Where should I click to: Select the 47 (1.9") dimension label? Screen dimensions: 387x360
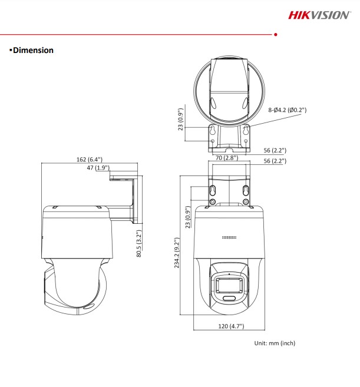(x=98, y=168)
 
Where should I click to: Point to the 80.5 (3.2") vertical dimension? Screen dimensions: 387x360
(x=140, y=243)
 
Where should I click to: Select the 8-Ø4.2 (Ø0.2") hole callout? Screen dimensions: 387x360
(x=288, y=110)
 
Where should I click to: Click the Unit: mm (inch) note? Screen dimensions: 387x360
(x=275, y=343)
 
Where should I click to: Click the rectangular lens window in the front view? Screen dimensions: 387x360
(x=229, y=285)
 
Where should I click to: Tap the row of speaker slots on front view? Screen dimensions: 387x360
(x=229, y=237)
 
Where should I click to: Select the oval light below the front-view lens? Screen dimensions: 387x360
(x=229, y=299)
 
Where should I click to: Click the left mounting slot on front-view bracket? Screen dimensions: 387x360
(x=213, y=190)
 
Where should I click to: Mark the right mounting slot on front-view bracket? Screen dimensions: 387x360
(x=245, y=190)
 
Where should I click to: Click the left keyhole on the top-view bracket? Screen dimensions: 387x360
(x=213, y=131)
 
